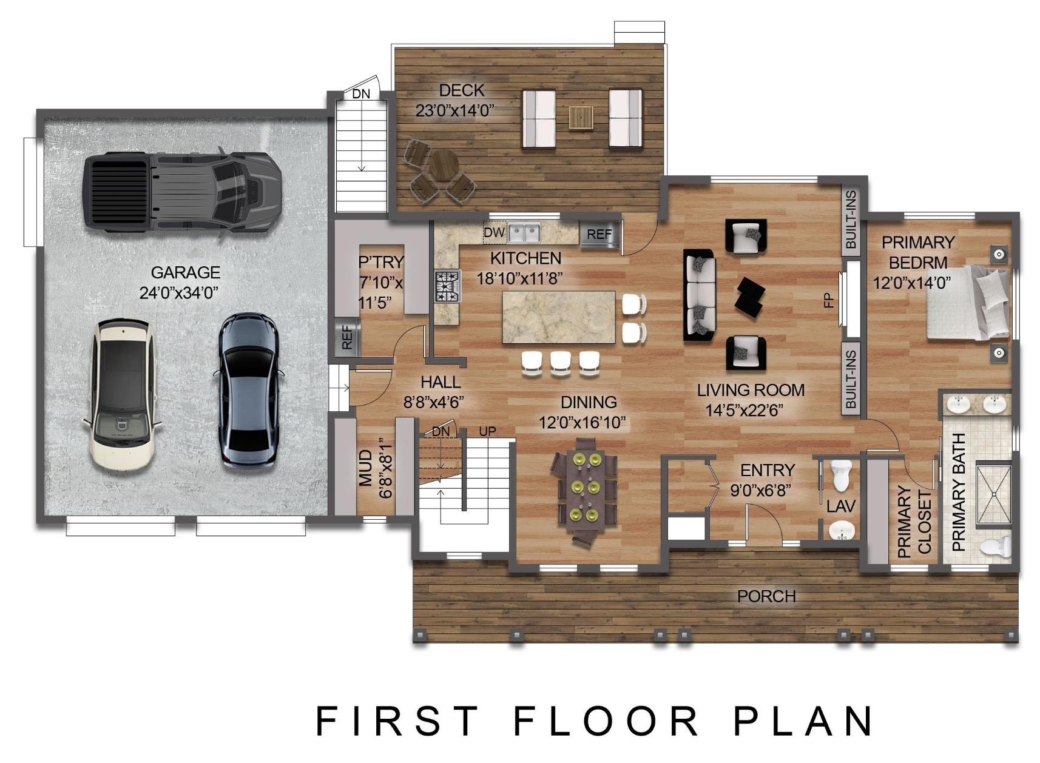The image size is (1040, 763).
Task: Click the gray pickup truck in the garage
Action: coord(182,192)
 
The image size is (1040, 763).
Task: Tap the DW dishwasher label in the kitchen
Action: coord(494,232)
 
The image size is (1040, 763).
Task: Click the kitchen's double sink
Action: coord(524,232)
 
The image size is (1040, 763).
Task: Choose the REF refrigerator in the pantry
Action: coord(347,337)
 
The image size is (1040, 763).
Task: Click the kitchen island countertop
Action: coord(559,317)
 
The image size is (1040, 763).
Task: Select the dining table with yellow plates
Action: coord(585,492)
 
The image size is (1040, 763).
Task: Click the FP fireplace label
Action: coord(829,301)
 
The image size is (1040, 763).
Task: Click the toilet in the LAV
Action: coord(842,476)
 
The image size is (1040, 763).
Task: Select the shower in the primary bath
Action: coord(994,495)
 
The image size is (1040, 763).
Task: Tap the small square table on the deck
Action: coord(581,118)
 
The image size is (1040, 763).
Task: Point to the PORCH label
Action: coord(766,596)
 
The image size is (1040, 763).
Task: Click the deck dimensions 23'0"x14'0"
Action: coord(454,111)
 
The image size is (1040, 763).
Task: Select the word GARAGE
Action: coord(186,272)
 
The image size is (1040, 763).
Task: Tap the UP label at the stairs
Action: coord(487,432)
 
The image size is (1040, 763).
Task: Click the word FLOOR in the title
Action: coord(606,721)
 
